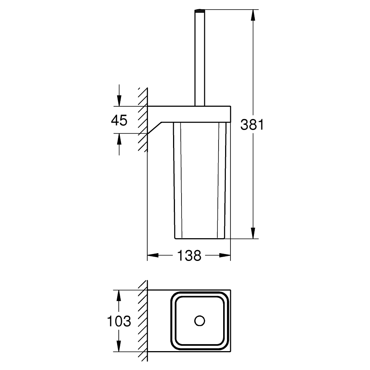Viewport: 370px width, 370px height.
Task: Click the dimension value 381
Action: click(252, 124)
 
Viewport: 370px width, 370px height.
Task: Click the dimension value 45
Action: click(119, 120)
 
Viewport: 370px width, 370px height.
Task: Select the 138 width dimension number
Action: click(189, 255)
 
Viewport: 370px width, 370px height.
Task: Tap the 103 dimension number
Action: click(119, 321)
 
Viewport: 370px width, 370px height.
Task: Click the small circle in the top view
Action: click(200, 321)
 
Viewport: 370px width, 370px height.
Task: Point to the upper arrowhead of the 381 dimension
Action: click(253, 15)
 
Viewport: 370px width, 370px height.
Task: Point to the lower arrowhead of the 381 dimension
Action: click(253, 233)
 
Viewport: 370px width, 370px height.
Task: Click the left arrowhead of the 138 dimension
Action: click(153, 255)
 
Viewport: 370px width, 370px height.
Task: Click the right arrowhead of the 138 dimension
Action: click(225, 255)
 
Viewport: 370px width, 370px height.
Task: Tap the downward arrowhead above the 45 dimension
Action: click(119, 101)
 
